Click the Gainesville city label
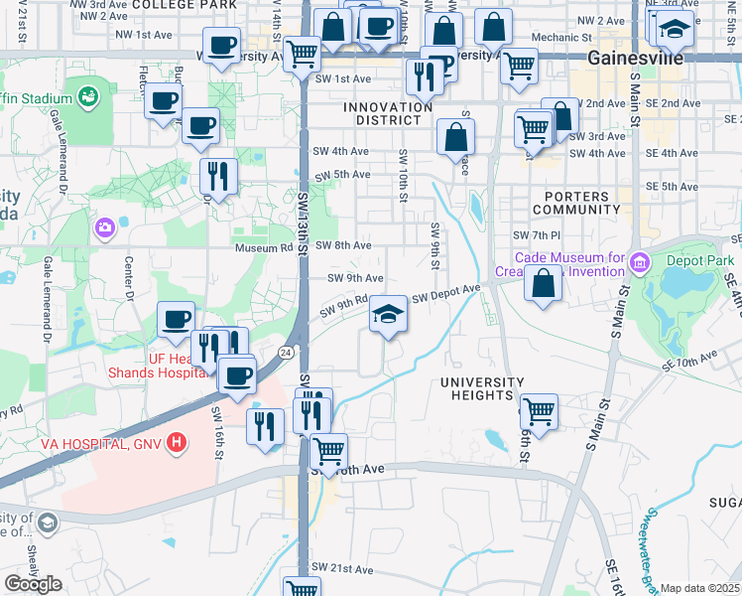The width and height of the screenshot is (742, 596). (635, 58)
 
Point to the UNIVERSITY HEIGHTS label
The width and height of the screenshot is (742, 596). (482, 388)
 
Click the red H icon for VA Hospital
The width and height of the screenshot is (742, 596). (176, 442)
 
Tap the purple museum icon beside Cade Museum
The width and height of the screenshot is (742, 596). (639, 264)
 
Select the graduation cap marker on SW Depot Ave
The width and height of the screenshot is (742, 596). (388, 315)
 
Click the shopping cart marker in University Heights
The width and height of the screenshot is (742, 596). (539, 410)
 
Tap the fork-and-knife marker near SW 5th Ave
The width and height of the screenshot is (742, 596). (217, 176)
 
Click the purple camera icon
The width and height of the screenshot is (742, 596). (104, 229)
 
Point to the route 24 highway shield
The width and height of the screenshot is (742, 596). (286, 352)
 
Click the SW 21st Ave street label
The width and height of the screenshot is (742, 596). (342, 569)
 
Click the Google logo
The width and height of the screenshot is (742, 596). (33, 584)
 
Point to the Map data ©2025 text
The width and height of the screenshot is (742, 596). (699, 588)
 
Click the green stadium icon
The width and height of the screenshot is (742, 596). (88, 97)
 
